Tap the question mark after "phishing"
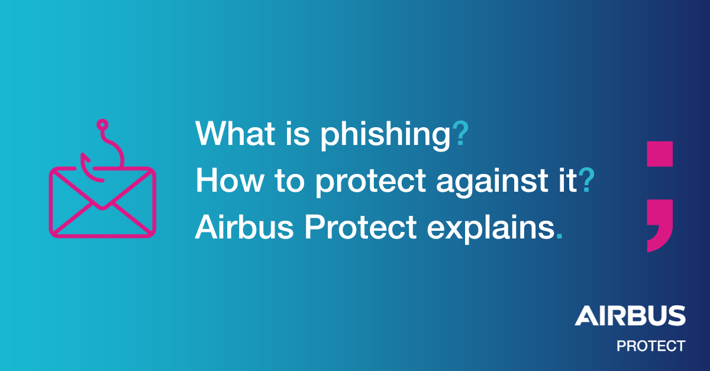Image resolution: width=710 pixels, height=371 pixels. (460, 134)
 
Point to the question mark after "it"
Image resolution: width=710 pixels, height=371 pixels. (586, 180)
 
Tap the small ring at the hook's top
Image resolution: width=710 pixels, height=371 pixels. (102, 124)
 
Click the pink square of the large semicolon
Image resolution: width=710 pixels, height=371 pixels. (660, 154)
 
